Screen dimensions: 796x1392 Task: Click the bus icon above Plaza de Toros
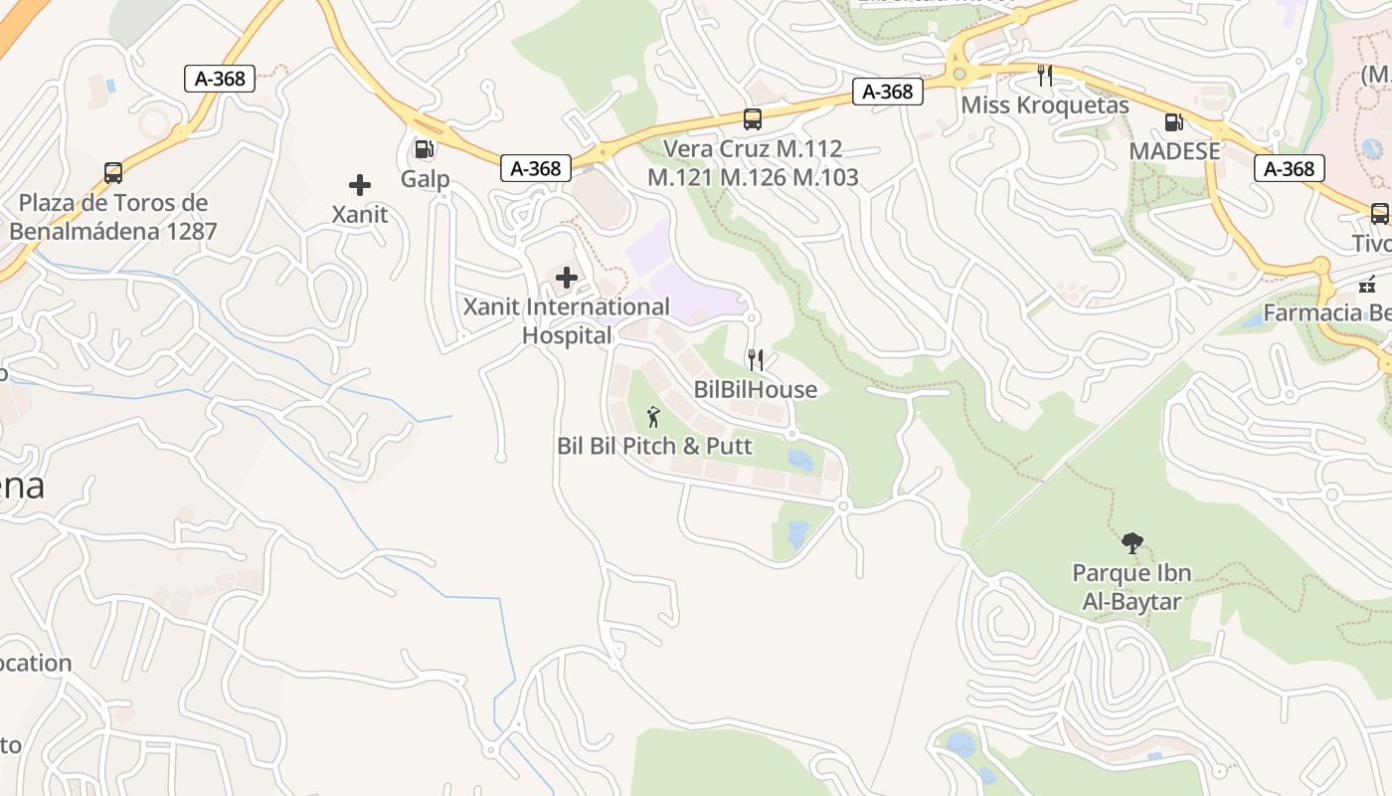pos(113,173)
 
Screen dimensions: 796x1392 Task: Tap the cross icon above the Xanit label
pos(360,185)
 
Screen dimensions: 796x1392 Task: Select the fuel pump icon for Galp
pos(424,149)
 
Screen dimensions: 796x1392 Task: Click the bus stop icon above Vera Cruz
pos(753,119)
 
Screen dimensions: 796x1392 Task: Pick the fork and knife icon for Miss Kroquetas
pos(1044,75)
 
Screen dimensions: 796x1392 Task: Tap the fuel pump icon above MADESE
pos(1174,122)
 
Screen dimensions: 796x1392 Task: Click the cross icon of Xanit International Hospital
pos(567,278)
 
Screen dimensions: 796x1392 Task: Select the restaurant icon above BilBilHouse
pos(756,359)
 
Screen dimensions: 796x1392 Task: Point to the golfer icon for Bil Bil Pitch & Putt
pos(653,417)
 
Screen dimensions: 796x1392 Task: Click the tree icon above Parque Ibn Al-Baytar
pos(1131,543)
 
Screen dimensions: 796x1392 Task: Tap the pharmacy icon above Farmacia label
pos(1368,284)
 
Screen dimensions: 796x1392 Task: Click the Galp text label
pos(426,179)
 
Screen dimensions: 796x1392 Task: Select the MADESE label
pos(1174,151)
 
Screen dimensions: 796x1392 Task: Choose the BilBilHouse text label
pos(756,389)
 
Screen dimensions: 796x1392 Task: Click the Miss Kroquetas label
pos(1045,104)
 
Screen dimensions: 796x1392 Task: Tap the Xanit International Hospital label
pos(567,320)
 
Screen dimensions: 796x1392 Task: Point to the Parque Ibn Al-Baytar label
pos(1131,587)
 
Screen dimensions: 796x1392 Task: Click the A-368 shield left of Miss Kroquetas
pos(888,92)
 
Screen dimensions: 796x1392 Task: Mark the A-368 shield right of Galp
pos(536,168)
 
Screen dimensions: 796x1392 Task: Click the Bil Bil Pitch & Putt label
pos(654,445)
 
